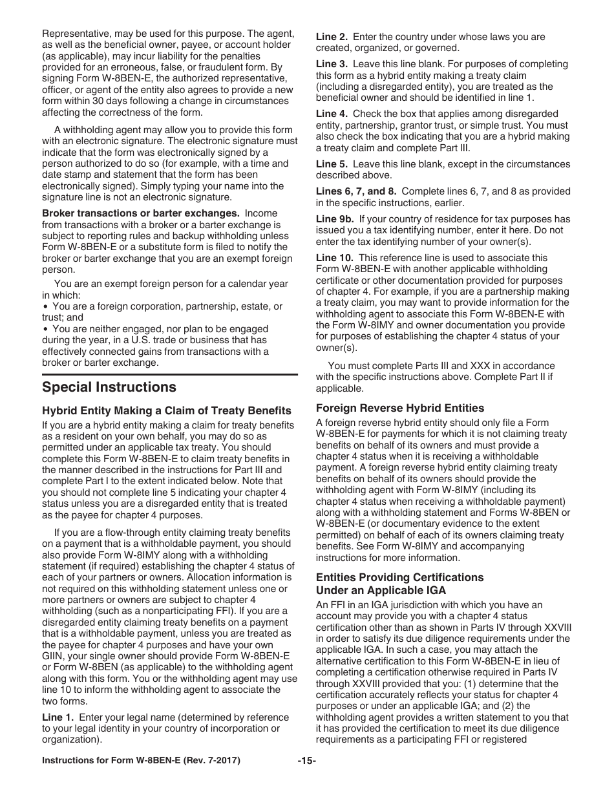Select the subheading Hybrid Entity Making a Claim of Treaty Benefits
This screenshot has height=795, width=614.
[167, 410]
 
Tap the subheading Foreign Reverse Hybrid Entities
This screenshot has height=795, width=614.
[399, 408]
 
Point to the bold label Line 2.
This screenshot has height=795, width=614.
[332, 37]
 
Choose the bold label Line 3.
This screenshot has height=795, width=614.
[332, 64]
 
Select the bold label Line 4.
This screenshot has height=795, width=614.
[332, 114]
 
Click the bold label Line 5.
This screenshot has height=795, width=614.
[332, 164]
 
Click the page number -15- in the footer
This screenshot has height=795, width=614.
[306, 761]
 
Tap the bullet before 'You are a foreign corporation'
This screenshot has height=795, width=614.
[45, 306]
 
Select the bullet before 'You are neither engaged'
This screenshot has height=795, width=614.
[45, 329]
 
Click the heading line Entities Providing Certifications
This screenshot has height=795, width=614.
[399, 577]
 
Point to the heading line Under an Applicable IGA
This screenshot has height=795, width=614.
[381, 590]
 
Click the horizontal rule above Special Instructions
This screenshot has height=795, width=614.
[170, 374]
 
